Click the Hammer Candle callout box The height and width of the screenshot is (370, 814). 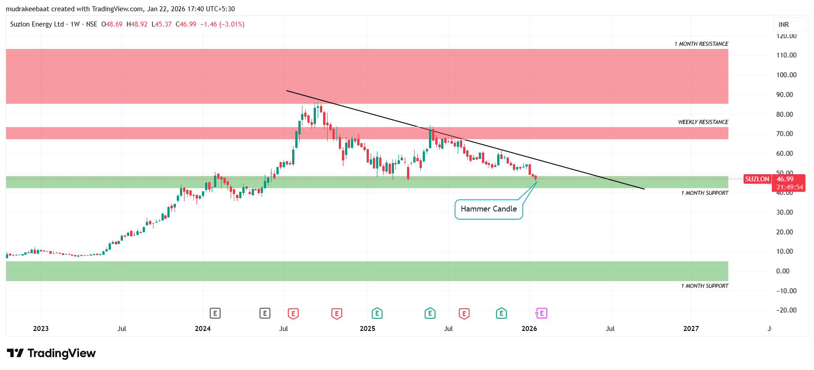tap(489, 209)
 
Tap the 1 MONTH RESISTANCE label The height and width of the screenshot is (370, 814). tap(701, 44)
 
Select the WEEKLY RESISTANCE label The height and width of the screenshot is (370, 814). tap(703, 122)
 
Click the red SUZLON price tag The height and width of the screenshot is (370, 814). tap(757, 179)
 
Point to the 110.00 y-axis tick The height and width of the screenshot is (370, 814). tap(786, 55)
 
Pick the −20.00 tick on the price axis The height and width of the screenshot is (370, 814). tap(786, 310)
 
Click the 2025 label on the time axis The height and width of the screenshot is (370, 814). tap(367, 329)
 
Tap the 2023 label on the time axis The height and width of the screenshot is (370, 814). tap(41, 329)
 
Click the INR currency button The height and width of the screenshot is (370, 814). tap(783, 25)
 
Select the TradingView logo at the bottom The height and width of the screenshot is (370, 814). tap(51, 353)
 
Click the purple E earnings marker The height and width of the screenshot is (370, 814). tap(541, 313)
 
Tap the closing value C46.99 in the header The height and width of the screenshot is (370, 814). tap(186, 24)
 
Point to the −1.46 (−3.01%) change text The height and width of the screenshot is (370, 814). tap(222, 24)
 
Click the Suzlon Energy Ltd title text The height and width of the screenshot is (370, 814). tap(37, 24)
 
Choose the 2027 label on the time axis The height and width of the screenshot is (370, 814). tap(691, 329)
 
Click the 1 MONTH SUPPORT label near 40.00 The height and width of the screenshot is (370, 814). tap(705, 193)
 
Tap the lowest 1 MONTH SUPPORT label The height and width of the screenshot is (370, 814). tap(705, 286)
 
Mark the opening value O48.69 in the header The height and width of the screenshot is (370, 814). tap(112, 24)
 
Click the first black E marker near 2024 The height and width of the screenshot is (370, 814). tap(215, 313)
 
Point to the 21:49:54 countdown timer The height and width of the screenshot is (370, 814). tap(789, 187)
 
